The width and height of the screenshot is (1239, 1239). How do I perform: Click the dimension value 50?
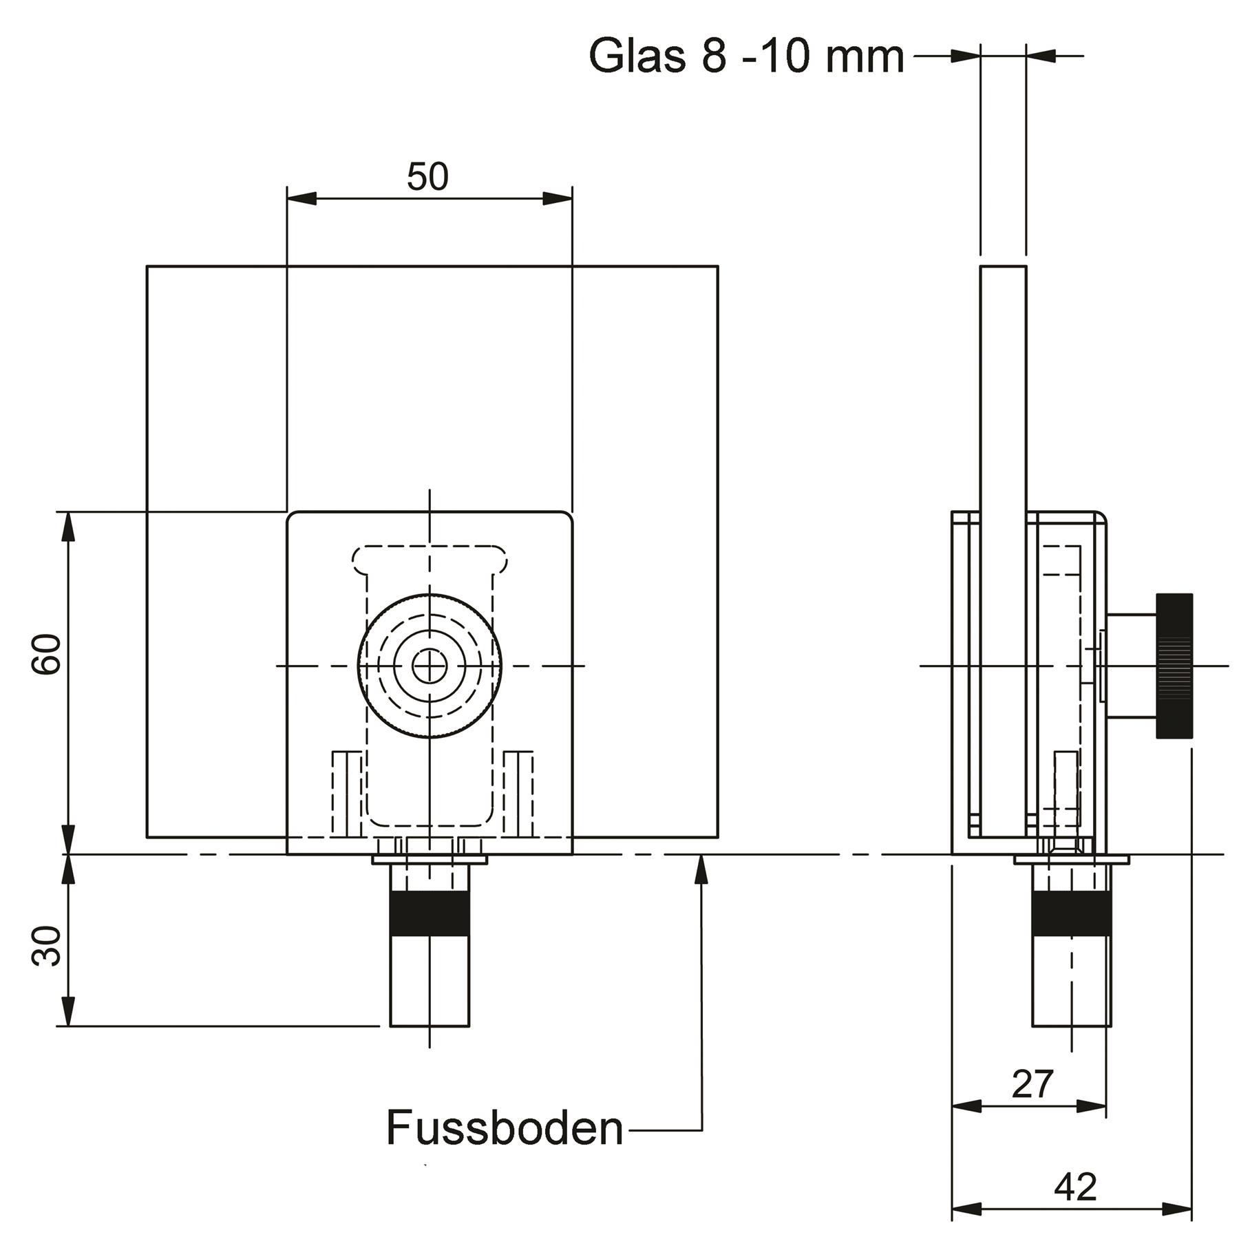427,177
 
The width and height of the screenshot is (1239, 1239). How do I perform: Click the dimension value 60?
47,655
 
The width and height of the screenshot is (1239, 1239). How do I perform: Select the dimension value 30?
47,946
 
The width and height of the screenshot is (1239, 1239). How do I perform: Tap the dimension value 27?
1032,1084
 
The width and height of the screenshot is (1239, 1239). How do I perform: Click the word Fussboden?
505,1127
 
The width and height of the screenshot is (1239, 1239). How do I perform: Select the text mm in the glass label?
865,56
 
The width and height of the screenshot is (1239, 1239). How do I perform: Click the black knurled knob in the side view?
1174,666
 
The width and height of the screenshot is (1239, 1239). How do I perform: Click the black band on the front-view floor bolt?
430,913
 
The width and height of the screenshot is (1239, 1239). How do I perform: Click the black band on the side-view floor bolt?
1071,913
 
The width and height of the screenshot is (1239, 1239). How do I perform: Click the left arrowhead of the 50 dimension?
301,198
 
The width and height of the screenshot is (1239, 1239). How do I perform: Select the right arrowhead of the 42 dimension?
1177,1209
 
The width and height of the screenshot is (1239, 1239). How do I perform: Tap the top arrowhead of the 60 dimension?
67,527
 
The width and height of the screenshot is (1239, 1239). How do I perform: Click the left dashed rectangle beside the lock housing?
347,793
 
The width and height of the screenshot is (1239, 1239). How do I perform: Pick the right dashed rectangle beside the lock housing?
518,793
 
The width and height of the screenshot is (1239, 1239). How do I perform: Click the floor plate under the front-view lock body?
430,859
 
